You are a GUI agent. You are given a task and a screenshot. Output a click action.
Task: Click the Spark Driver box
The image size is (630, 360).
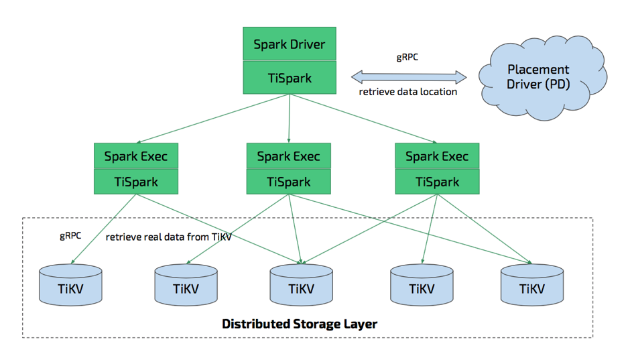pyautogui.click(x=289, y=45)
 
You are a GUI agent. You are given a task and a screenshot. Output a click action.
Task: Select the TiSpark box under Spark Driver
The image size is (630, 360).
pyautogui.click(x=289, y=78)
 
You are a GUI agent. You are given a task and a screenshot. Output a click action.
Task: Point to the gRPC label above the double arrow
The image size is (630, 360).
pyautogui.click(x=407, y=57)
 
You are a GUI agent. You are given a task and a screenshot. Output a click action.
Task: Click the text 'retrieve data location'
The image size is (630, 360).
pyautogui.click(x=408, y=92)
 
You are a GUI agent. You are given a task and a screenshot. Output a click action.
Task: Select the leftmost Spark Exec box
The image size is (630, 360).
pyautogui.click(x=136, y=157)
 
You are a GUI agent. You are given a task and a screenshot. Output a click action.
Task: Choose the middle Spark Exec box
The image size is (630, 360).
pyautogui.click(x=289, y=157)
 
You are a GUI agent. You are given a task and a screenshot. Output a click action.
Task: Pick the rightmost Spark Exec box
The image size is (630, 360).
pyautogui.click(x=437, y=157)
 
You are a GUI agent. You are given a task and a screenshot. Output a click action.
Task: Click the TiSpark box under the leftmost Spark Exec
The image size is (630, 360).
pyautogui.click(x=136, y=182)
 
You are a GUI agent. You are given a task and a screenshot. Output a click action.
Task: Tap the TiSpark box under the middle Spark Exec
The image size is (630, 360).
pyautogui.click(x=289, y=182)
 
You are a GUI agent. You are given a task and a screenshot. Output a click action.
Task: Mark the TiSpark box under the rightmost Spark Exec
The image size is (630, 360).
pyautogui.click(x=437, y=182)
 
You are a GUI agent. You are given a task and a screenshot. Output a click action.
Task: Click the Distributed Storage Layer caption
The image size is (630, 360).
pyautogui.click(x=300, y=324)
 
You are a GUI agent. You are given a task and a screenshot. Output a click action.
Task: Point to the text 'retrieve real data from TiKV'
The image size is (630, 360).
pyautogui.click(x=168, y=237)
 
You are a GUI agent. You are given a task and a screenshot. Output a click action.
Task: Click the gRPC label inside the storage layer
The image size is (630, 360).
pyautogui.click(x=71, y=236)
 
